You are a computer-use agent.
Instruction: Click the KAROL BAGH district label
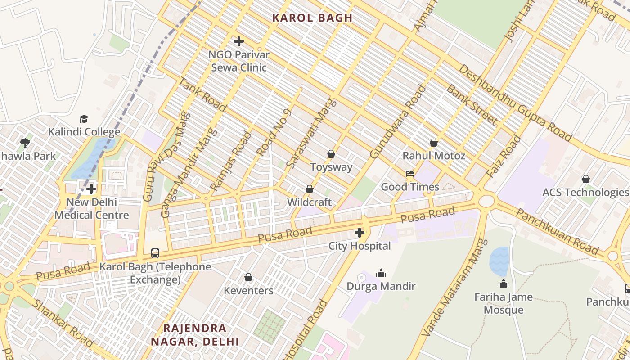312,18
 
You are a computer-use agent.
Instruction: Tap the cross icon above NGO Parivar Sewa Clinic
239,42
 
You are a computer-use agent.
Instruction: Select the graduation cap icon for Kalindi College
84,119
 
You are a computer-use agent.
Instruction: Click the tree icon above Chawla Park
25,143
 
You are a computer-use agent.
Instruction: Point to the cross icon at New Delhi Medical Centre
91,189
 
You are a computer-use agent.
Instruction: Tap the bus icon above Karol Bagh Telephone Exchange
155,253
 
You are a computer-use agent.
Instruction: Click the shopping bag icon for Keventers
248,278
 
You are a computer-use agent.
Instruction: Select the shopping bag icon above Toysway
331,154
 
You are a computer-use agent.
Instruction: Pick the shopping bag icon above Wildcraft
310,189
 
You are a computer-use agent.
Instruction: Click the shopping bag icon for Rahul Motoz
434,143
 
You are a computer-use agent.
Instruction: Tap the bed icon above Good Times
410,174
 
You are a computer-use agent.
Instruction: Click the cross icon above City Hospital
359,233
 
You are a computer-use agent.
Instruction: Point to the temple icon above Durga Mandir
381,273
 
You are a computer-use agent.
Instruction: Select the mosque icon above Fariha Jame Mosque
504,284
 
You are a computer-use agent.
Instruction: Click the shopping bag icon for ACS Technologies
586,179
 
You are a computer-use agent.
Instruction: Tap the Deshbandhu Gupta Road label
515,103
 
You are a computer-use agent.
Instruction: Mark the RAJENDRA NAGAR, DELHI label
195,334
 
